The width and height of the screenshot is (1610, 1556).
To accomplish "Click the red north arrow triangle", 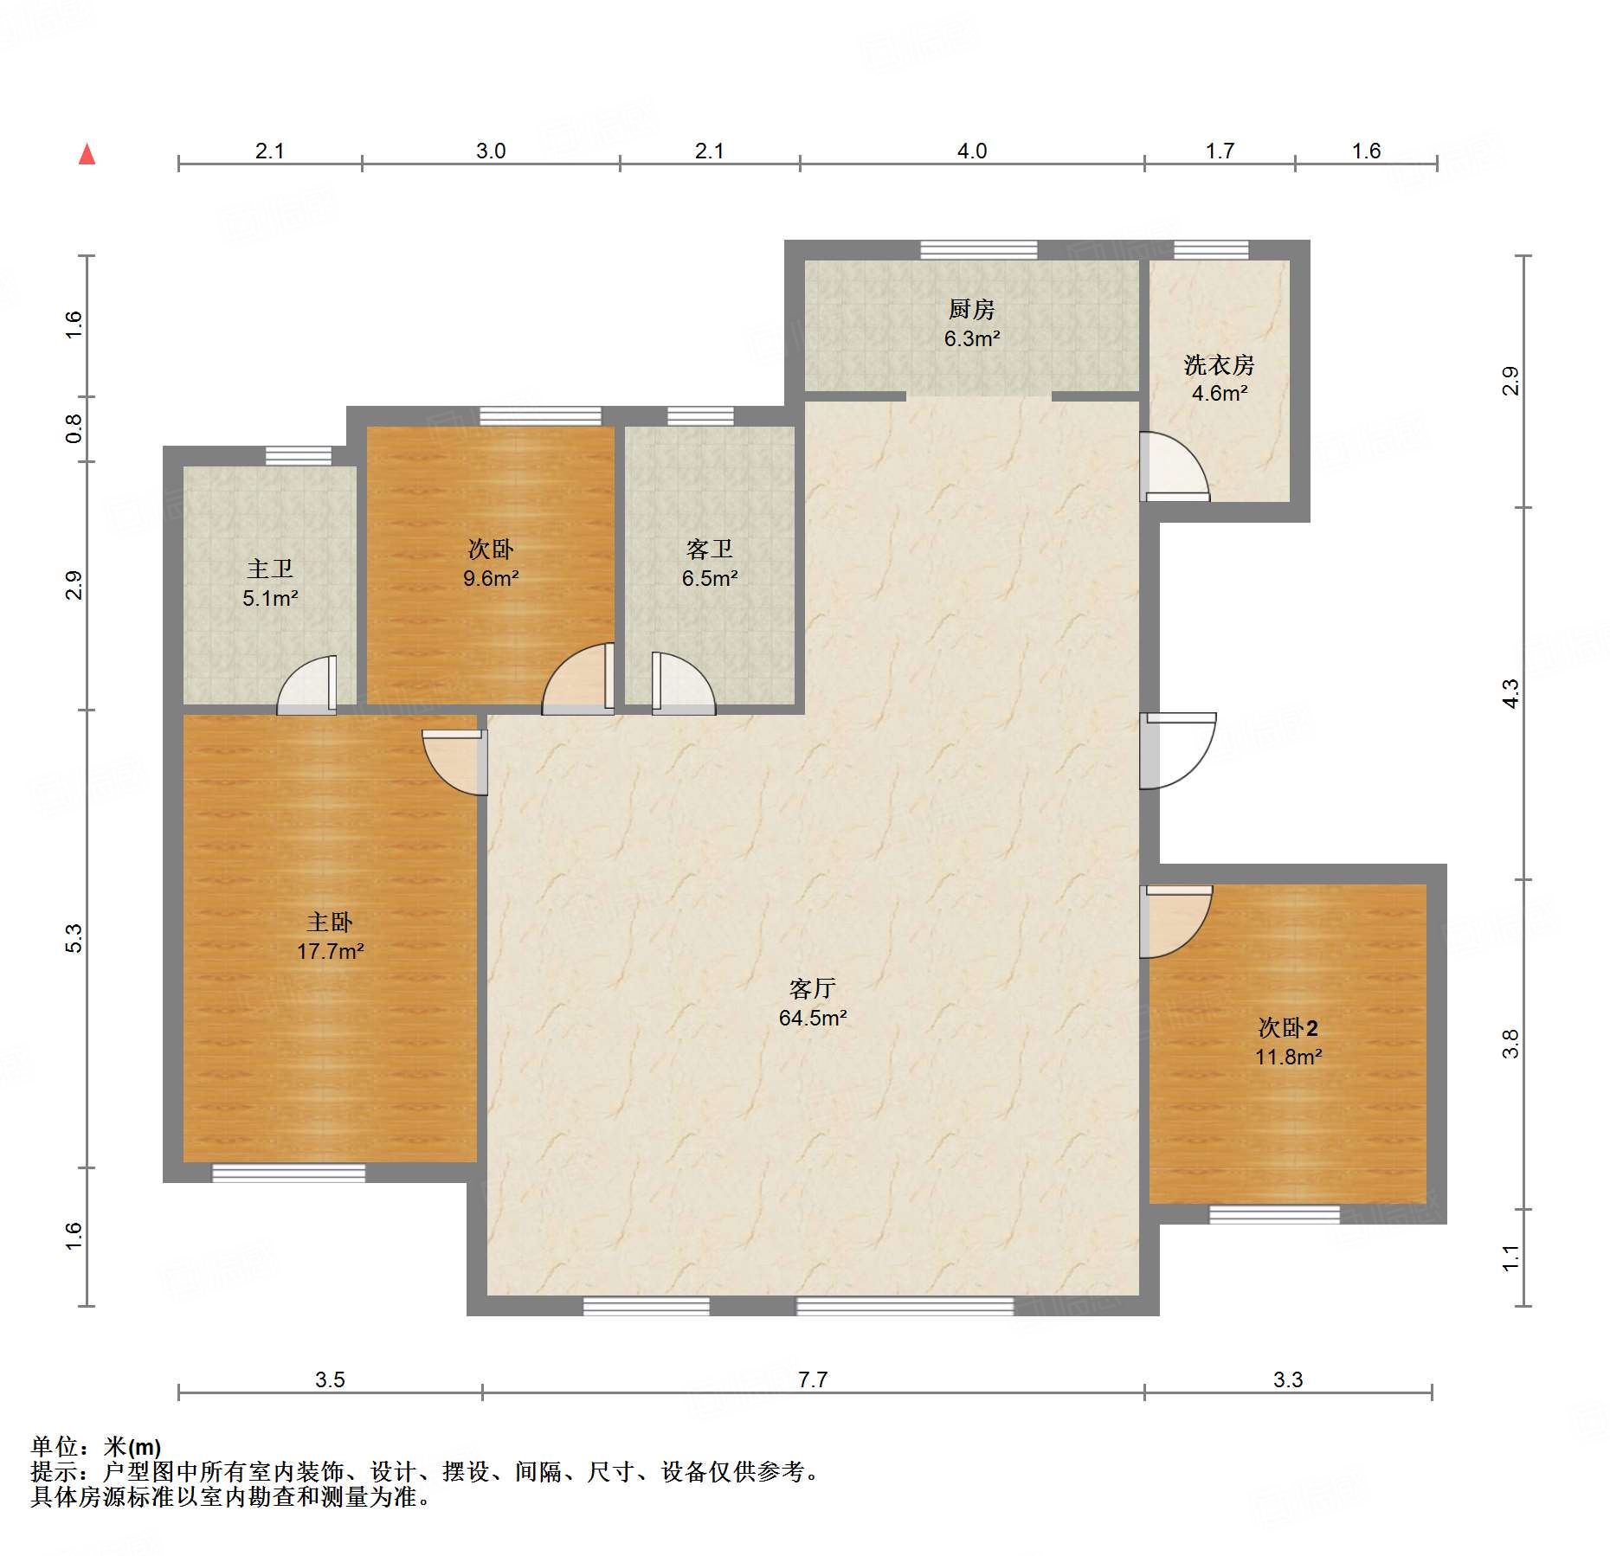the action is click(x=87, y=154).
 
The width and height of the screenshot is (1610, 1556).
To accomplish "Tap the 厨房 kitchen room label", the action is click(x=971, y=309).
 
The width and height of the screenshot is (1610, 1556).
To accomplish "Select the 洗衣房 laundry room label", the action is click(x=1219, y=364).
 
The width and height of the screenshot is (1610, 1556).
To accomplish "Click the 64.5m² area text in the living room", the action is click(x=812, y=1018).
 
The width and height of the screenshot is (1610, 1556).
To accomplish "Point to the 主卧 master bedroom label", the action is click(x=330, y=922).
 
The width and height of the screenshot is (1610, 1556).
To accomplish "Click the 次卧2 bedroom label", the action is click(x=1288, y=1027).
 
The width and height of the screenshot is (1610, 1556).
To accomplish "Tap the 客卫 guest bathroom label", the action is click(x=709, y=549).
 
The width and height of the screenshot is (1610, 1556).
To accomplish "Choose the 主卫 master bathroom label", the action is click(x=270, y=569).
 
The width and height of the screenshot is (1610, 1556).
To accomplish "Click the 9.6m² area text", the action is click(x=491, y=578).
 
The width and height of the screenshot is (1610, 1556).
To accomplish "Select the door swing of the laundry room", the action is click(x=1175, y=466).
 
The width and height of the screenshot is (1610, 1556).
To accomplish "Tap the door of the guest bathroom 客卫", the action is click(x=684, y=684).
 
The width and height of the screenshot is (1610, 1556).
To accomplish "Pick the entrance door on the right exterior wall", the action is click(x=1178, y=751).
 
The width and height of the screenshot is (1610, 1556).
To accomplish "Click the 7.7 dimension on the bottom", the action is click(x=813, y=1379).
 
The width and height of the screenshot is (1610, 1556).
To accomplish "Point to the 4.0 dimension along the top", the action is click(x=972, y=151).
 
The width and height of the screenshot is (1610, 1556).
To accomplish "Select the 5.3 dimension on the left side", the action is click(x=74, y=939).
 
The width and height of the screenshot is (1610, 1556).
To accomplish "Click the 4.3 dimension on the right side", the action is click(x=1510, y=694).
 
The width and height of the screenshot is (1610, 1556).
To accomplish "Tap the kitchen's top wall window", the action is click(x=979, y=250).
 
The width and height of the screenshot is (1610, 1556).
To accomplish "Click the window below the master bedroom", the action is click(x=289, y=1173).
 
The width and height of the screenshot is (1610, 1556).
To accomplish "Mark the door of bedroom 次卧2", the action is click(x=1175, y=922).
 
